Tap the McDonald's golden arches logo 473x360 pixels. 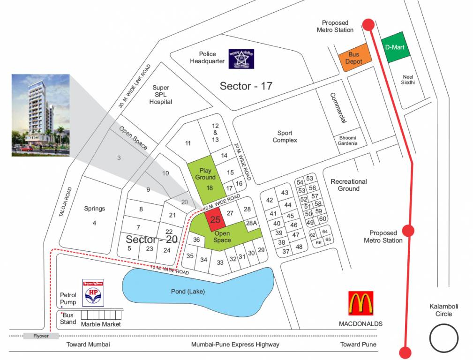[x=360, y=303]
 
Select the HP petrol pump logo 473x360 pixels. [x=93, y=293]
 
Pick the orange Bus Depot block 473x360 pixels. [x=355, y=58]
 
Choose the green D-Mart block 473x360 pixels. [x=394, y=47]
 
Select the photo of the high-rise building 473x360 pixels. [x=40, y=115]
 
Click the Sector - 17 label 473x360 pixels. [x=246, y=86]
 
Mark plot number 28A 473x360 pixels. [x=252, y=223]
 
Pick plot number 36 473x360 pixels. [x=197, y=240]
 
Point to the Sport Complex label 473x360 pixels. [x=285, y=136]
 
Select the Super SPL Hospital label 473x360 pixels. [x=160, y=95]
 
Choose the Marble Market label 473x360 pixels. [x=101, y=324]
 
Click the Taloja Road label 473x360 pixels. [x=66, y=202]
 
